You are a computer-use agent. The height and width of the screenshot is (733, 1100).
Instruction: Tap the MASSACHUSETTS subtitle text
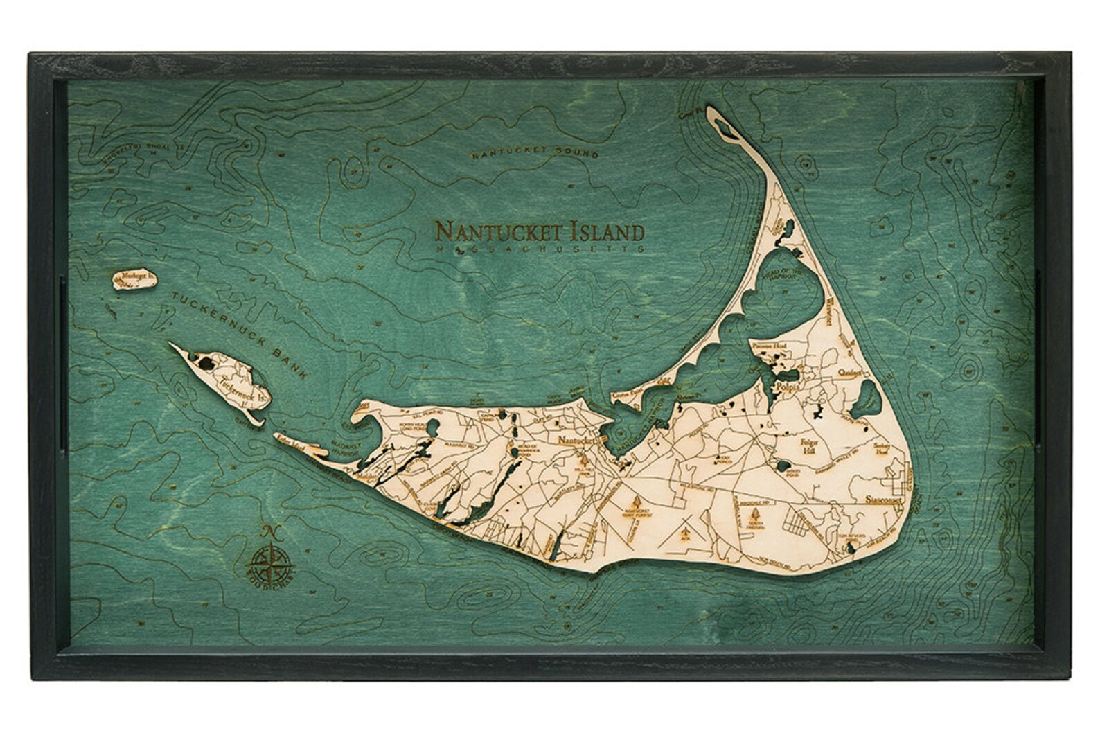point(540,248)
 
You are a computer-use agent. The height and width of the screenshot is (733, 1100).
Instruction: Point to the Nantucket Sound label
point(533,151)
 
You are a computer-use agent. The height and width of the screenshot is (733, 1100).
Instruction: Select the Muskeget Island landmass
point(134,279)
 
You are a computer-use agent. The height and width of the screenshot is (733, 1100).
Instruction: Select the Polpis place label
point(787,387)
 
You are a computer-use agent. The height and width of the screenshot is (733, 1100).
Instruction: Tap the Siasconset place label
point(887,500)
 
